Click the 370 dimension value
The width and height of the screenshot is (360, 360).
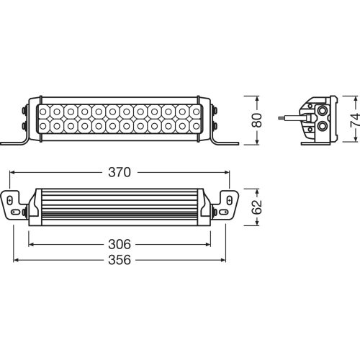click(120, 173)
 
